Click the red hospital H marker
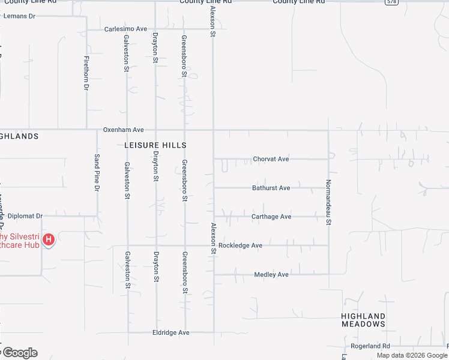coord(49,241)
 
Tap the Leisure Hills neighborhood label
coord(155,145)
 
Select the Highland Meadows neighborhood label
coord(363,320)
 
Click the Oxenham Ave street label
coord(124,130)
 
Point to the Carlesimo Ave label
coord(125,29)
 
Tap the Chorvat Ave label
coord(271,159)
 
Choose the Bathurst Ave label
coord(271,188)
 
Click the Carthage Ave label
coord(271,217)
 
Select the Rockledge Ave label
coord(240,245)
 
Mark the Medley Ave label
coord(271,275)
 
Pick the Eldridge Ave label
coord(170,332)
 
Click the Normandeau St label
coord(328,202)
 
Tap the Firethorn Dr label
coord(86,73)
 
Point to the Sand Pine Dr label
coord(97,172)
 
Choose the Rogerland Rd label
coord(370,346)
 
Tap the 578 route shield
coord(392,2)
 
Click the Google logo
coord(19,353)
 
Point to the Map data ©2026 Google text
coord(412,355)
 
